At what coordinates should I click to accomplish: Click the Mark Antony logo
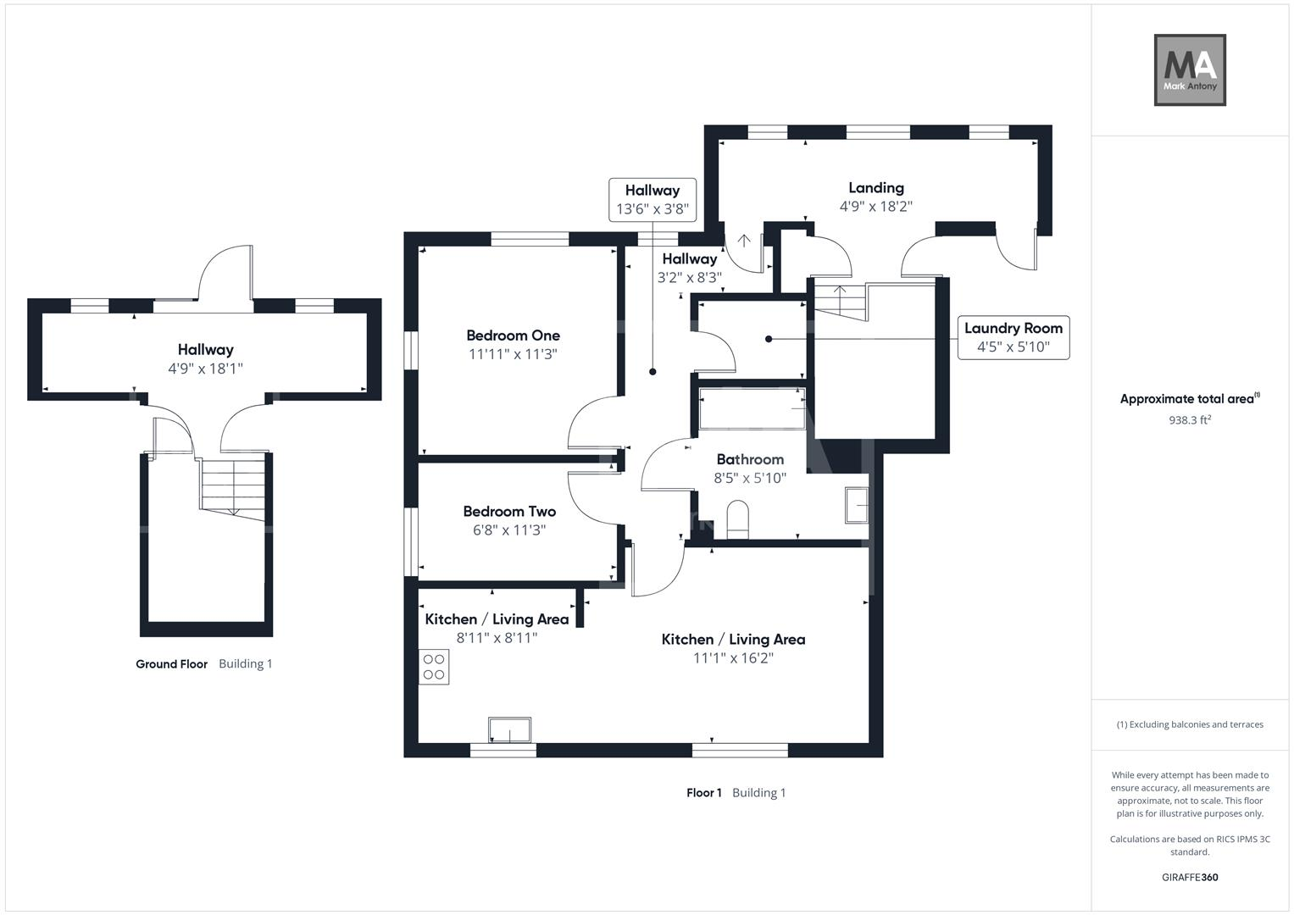(x=1190, y=70)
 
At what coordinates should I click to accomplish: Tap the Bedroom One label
(x=513, y=335)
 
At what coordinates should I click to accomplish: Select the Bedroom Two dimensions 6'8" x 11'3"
(x=508, y=530)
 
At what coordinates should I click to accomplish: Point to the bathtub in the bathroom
(x=752, y=408)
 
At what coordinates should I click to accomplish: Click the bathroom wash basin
(x=857, y=506)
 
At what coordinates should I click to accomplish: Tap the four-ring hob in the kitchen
(x=434, y=666)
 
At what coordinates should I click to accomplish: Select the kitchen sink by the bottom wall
(x=509, y=729)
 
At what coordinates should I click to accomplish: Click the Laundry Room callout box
(x=1013, y=337)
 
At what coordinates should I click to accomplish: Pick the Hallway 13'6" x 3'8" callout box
(x=652, y=200)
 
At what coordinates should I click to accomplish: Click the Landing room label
(x=876, y=188)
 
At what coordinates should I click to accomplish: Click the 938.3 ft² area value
(x=1189, y=419)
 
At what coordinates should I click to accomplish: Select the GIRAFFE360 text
(x=1189, y=877)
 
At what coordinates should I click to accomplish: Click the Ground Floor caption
(x=171, y=664)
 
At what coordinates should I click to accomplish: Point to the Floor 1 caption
(x=703, y=793)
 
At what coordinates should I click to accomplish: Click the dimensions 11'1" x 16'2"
(x=733, y=658)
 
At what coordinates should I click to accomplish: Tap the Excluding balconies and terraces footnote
(x=1189, y=724)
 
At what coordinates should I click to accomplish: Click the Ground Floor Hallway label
(x=205, y=350)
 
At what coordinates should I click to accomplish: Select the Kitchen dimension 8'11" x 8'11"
(x=497, y=638)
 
